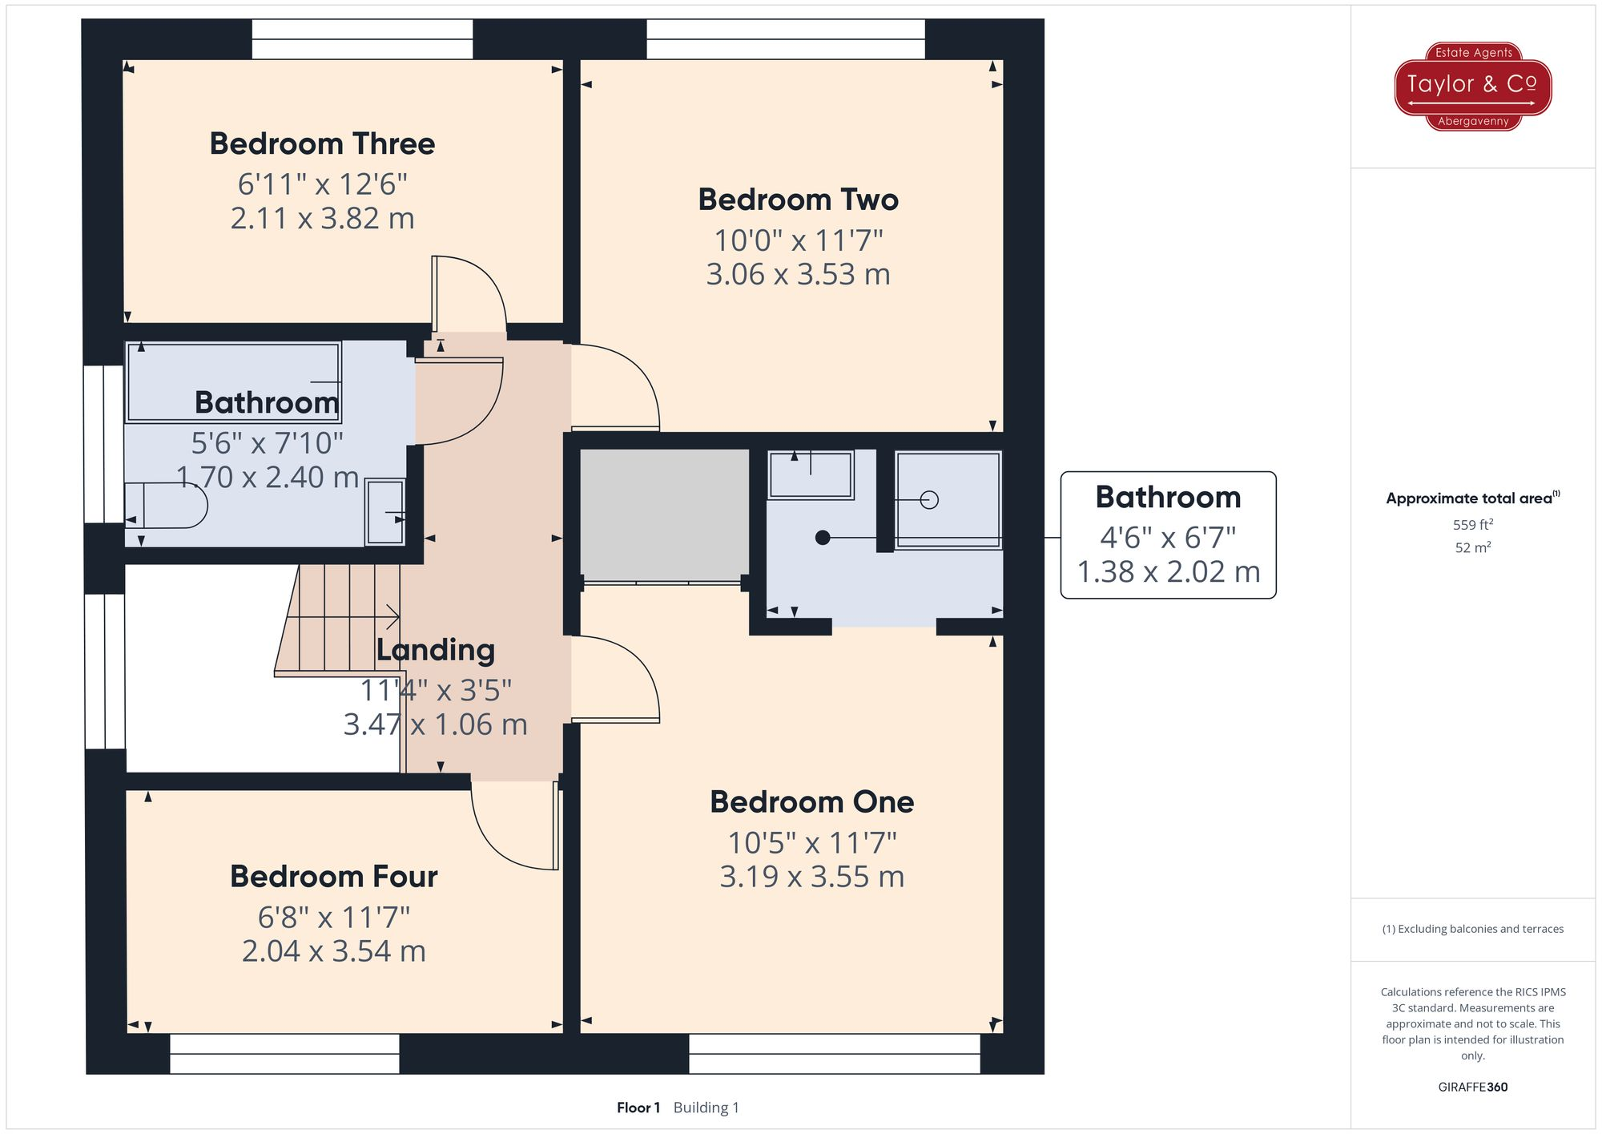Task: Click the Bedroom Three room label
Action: (322, 144)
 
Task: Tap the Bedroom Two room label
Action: (798, 200)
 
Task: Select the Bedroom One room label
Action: (811, 802)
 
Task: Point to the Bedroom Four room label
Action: (333, 877)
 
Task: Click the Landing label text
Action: (436, 650)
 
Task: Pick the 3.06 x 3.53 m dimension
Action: (798, 275)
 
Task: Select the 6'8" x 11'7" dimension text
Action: (333, 917)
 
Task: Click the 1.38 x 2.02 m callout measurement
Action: (1168, 572)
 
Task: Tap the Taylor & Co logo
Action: (1473, 87)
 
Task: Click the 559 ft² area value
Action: (1473, 525)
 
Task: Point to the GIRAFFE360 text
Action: (1473, 1088)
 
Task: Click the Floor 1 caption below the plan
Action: (638, 1108)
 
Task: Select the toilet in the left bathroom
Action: (167, 506)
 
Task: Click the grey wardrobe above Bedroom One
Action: (664, 515)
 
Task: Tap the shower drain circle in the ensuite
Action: (929, 500)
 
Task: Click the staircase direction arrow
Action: (343, 617)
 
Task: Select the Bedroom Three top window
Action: (362, 39)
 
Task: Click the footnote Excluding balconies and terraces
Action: (1473, 929)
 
